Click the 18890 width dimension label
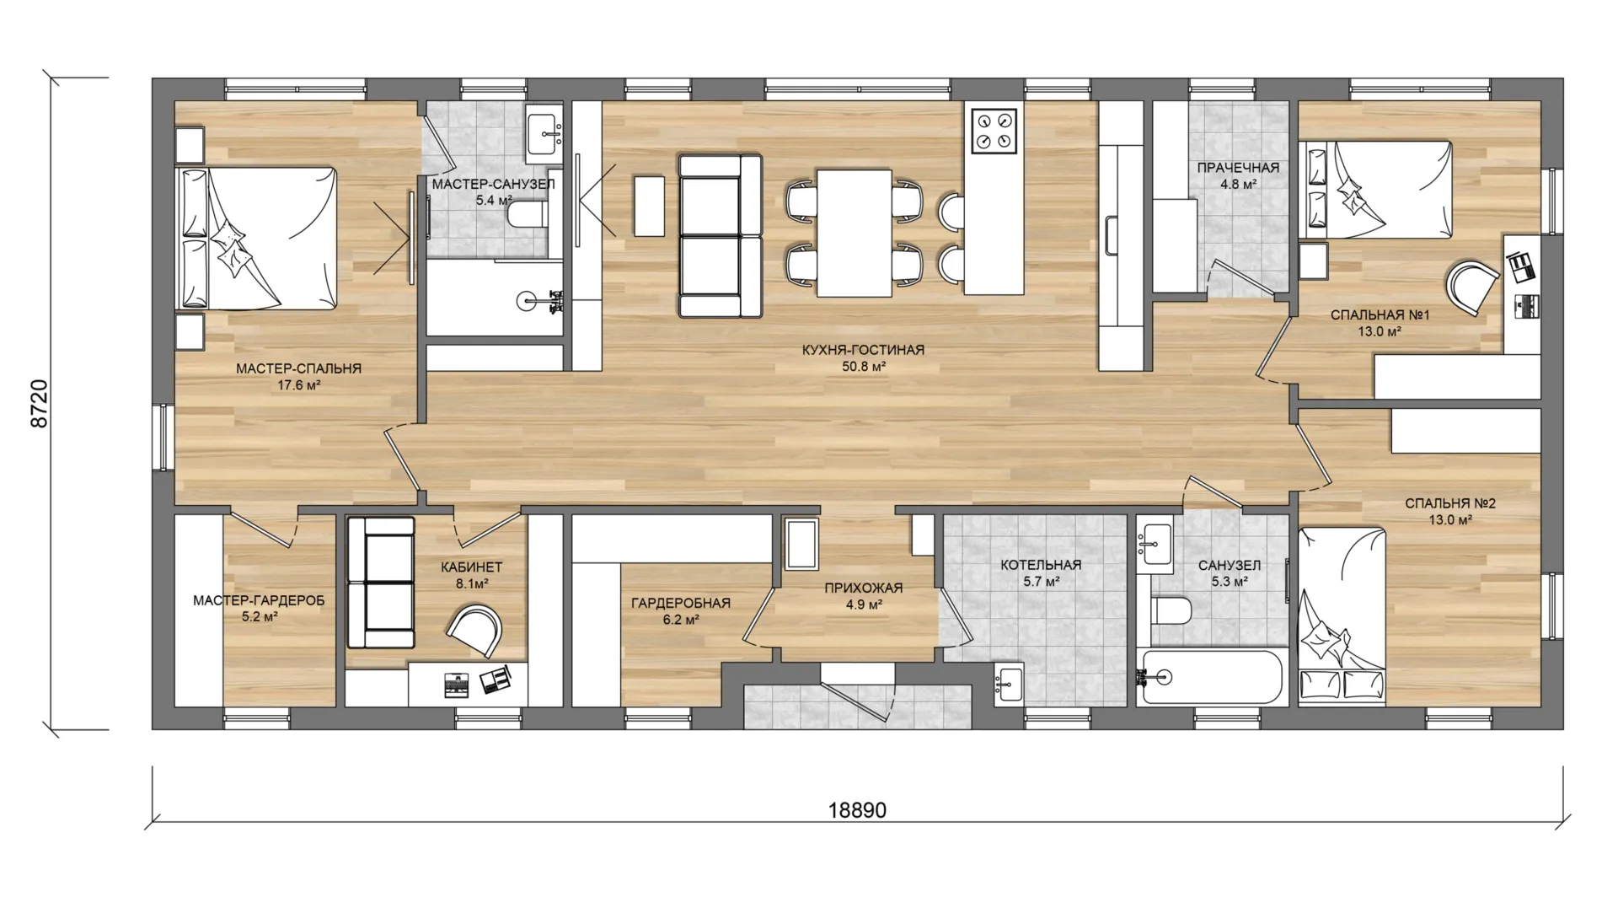[857, 810]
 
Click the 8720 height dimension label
[40, 404]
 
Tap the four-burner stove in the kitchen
[994, 131]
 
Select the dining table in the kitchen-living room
[855, 233]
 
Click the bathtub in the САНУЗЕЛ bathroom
[1208, 676]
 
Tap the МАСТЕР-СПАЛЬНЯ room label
[298, 368]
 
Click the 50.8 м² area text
[864, 367]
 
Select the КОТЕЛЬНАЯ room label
[1041, 565]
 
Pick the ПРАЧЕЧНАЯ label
[1238, 168]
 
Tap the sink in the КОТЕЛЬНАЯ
[1009, 681]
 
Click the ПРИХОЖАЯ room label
[864, 588]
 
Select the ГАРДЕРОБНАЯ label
[681, 603]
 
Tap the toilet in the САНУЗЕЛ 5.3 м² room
[1171, 610]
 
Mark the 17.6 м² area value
[298, 385]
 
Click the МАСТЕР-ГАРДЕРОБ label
[259, 600]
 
